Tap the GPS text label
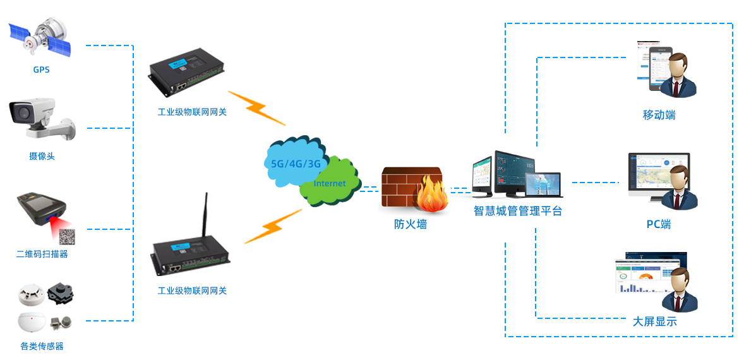click(x=42, y=69)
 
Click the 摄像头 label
click(x=42, y=156)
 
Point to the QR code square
click(x=68, y=237)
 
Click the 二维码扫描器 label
click(x=42, y=254)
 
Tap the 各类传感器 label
click(x=42, y=346)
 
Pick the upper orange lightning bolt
click(x=256, y=108)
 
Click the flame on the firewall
click(x=432, y=195)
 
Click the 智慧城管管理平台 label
click(x=518, y=211)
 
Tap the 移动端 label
click(x=659, y=115)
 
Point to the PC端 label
click(x=659, y=224)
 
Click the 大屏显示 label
click(x=655, y=321)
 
